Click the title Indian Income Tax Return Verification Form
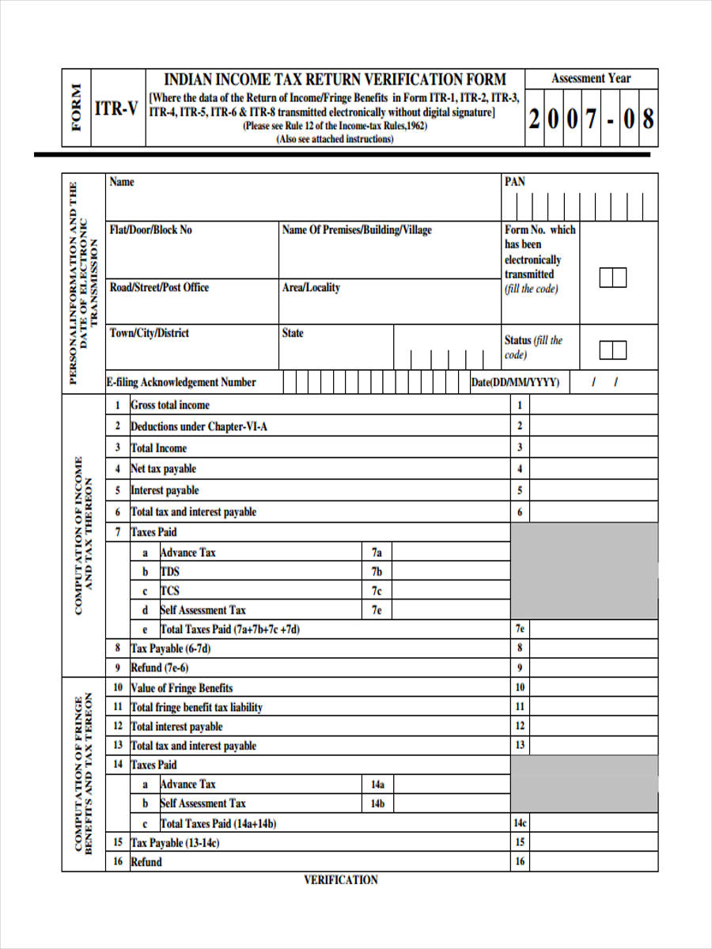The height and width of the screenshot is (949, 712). (335, 80)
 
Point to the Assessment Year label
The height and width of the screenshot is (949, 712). (591, 78)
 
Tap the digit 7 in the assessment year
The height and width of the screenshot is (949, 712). (590, 119)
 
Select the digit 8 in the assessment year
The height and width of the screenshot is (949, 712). (648, 119)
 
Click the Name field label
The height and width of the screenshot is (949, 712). (122, 182)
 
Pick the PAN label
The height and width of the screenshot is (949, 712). (514, 182)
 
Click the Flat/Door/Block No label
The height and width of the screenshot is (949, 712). (150, 230)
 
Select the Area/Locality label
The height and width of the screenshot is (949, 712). (311, 288)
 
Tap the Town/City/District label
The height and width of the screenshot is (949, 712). (150, 333)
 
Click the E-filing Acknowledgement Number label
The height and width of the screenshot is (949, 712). (181, 382)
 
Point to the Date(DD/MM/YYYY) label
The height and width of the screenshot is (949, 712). (515, 382)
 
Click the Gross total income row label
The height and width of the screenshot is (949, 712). (170, 405)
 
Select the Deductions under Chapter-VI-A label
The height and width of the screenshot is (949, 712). (199, 426)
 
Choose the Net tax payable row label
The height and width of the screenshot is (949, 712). (163, 469)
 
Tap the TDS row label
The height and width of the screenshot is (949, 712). (170, 572)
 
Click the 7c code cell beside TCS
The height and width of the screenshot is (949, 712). (377, 591)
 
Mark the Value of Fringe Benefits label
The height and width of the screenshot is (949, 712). (181, 688)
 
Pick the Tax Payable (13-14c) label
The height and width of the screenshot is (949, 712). (175, 843)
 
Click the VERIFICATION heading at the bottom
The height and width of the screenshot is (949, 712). (341, 879)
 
